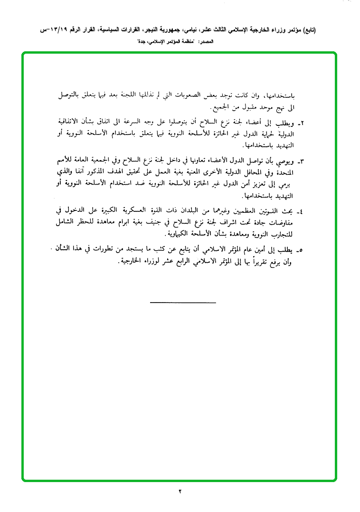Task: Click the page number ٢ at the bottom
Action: point(180,491)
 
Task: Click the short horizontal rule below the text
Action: point(183,302)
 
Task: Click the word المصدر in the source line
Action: point(206,42)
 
